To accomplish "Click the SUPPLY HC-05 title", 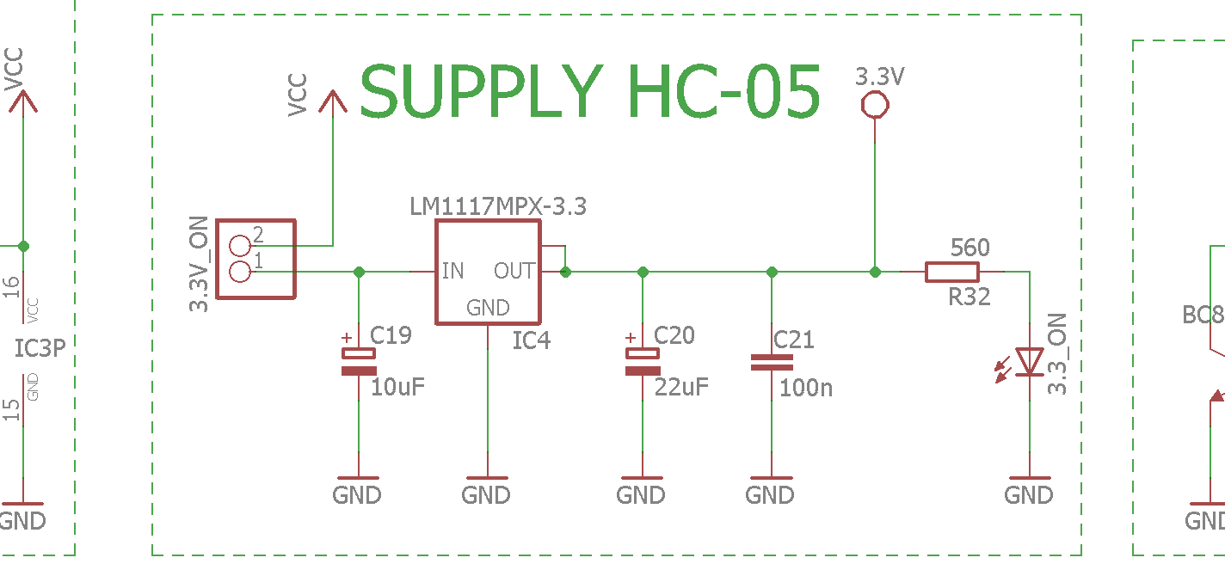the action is pos(590,91).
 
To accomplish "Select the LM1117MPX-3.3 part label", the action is pos(497,206).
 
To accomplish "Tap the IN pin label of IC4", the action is pos(452,271).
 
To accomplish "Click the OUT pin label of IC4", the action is pos(514,271).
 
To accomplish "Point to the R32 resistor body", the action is pos(952,272).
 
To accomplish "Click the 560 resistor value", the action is pos(970,248).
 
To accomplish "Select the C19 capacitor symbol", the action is pos(359,361).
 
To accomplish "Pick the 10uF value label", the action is pos(397,387).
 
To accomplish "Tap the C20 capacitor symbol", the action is pos(643,361).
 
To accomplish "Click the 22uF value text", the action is pos(681,387).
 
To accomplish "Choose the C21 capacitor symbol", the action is pos(772,363).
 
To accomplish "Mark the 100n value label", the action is pos(805,388).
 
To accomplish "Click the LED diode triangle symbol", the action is pos(1029,362).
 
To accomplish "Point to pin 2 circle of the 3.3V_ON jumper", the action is pos(239,246).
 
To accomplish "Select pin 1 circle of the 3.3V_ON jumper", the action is pos(239,272).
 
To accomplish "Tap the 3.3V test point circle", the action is pos(875,104).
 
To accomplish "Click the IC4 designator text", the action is pos(531,340).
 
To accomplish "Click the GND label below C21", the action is pos(769,495).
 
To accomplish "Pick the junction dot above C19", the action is pos(359,272).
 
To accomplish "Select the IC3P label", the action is pos(40,348).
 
